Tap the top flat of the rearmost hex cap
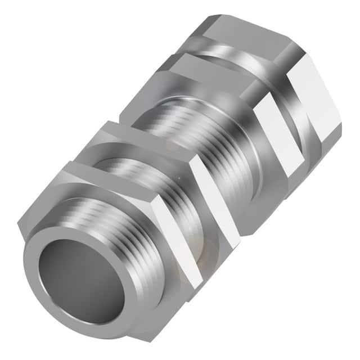[x=247, y=31]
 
